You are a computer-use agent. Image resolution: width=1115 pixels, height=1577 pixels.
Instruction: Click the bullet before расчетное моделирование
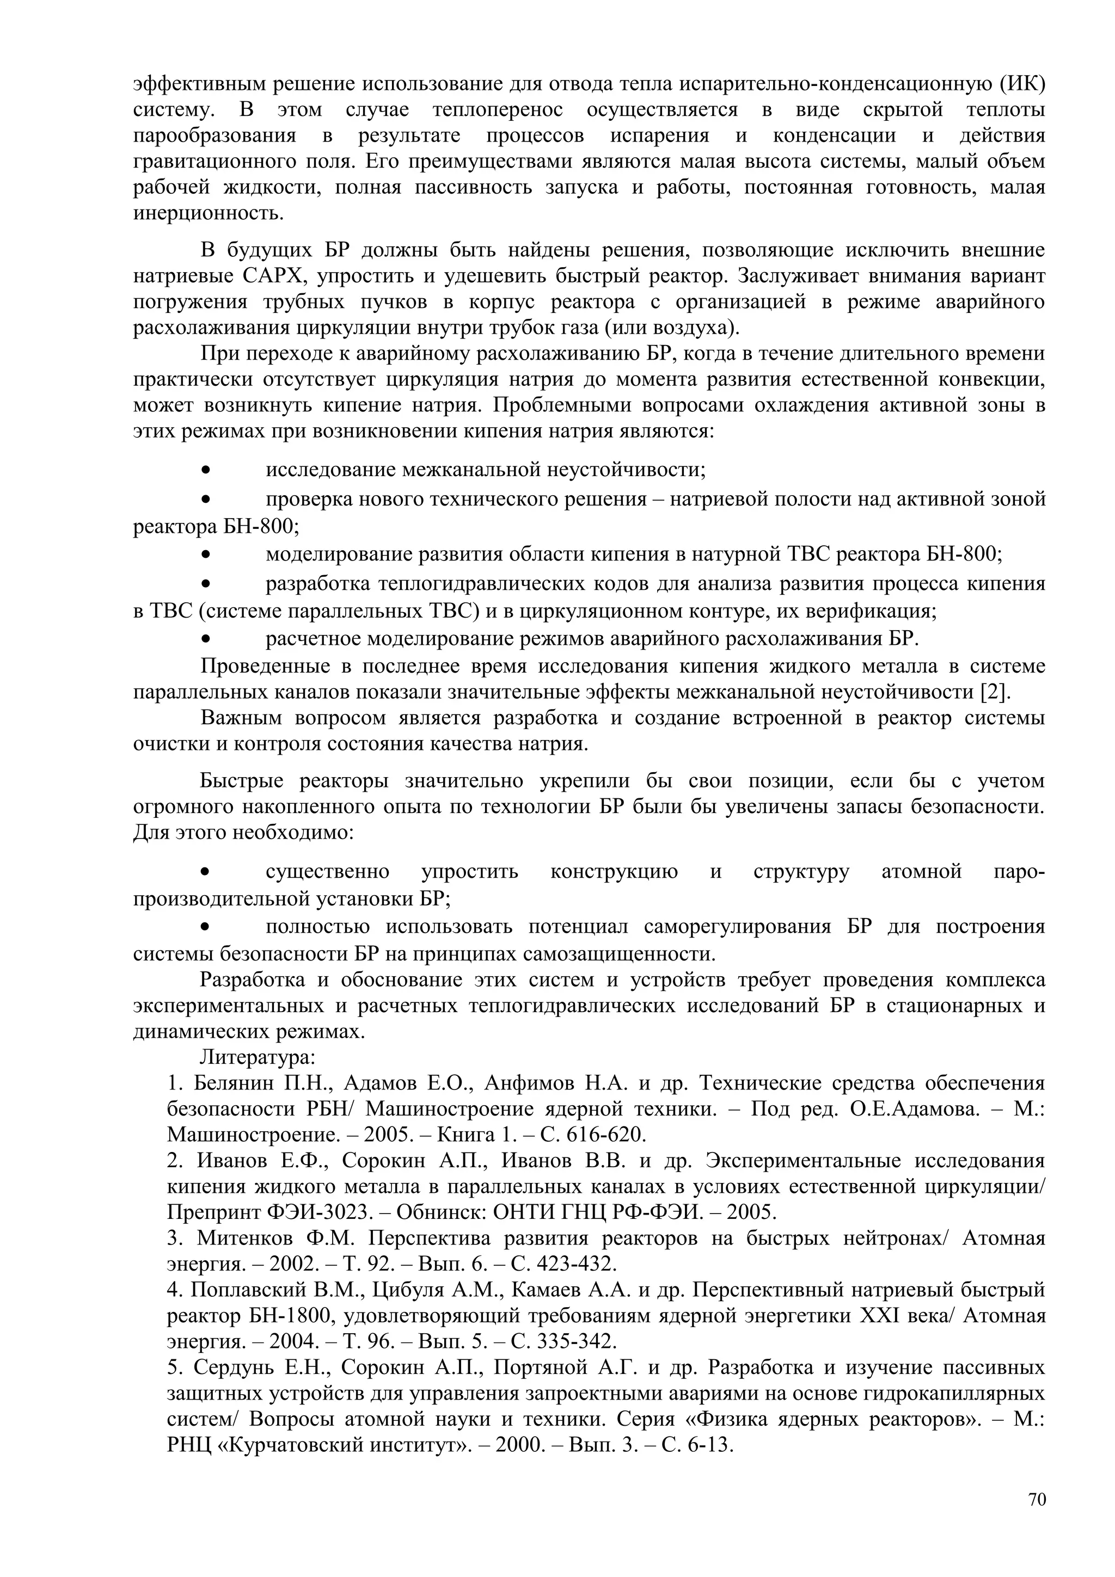(x=205, y=639)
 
